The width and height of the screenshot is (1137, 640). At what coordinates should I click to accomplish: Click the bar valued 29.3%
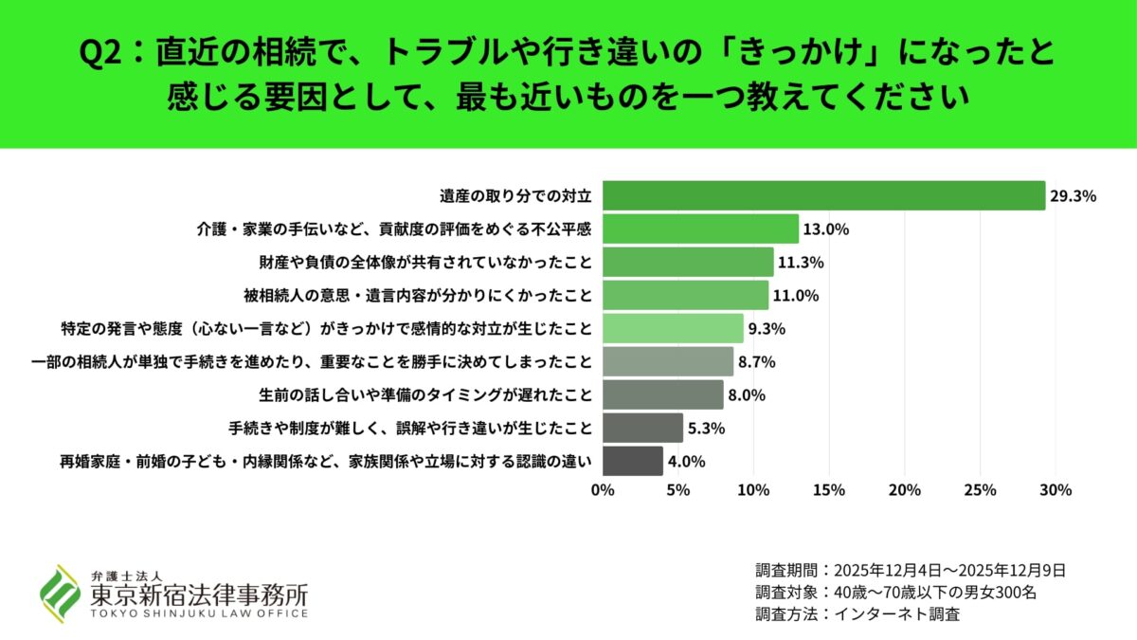823,196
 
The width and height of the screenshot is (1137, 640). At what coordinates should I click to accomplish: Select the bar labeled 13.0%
700,229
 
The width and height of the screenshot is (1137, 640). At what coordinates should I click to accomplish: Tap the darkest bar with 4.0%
632,461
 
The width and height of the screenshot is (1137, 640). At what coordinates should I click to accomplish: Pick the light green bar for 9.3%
673,328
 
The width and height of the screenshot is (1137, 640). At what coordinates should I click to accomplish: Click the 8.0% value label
747,395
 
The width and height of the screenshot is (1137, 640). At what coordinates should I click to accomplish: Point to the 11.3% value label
798,263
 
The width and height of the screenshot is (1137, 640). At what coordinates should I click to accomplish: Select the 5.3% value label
706,429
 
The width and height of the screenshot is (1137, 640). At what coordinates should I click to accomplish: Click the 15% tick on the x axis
829,490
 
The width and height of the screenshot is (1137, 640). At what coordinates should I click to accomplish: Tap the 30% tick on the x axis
1056,490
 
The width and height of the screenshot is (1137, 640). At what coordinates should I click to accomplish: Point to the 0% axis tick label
603,490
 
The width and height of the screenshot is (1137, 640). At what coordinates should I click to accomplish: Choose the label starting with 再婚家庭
326,462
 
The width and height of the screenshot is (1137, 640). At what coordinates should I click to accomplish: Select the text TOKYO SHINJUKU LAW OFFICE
199,613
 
